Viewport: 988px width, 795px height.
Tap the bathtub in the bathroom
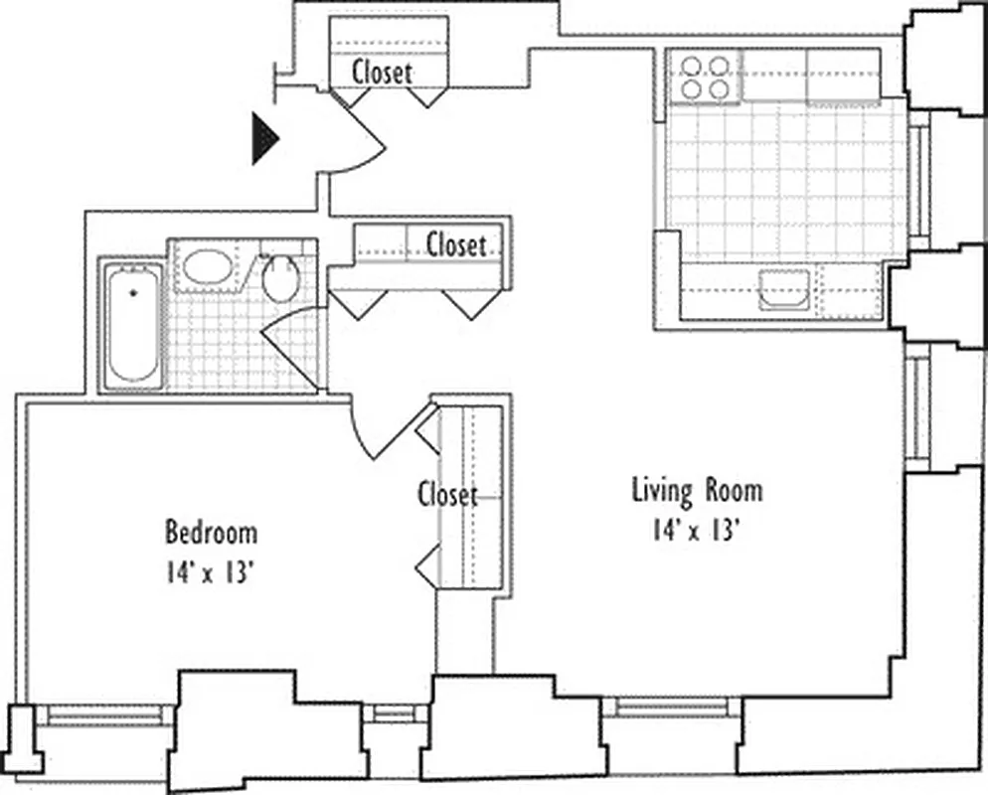point(133,324)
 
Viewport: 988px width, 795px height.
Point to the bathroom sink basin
point(208,267)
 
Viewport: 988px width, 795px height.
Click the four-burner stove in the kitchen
point(705,78)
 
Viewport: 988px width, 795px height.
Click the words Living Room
point(698,490)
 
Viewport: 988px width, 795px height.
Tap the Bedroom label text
point(211,533)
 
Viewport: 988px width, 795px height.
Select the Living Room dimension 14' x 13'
point(698,530)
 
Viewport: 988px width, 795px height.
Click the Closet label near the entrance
point(382,72)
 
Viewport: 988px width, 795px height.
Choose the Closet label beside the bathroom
point(456,244)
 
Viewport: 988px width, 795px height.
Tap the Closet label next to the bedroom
point(447,494)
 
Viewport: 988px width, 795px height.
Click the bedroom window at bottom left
point(105,714)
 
